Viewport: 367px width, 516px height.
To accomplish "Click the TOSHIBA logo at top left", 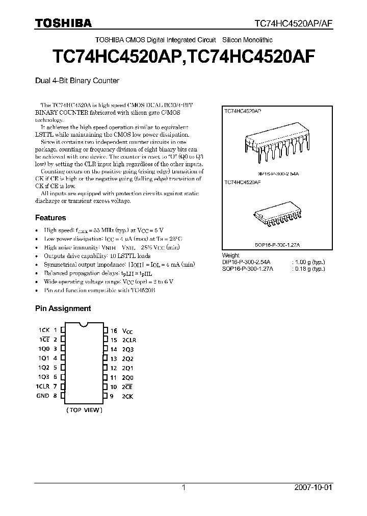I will pyautogui.click(x=63, y=23).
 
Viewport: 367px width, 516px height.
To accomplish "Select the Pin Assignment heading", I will pyautogui.click(x=63, y=308).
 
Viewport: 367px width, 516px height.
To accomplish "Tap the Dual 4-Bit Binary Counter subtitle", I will pyautogui.click(x=77, y=81).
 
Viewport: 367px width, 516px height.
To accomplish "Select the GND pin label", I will pyautogui.click(x=42, y=396).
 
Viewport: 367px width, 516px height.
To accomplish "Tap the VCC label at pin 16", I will pyautogui.click(x=127, y=331).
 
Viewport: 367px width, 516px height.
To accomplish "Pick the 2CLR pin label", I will pyautogui.click(x=129, y=340).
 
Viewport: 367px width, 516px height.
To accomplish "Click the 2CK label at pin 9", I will pyautogui.click(x=127, y=396).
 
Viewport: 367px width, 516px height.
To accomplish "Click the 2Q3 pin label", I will pyautogui.click(x=127, y=349).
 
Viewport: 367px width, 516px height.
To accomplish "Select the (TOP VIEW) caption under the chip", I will pyautogui.click(x=84, y=410).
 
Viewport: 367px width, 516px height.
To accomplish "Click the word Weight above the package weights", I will pyautogui.click(x=231, y=255).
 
